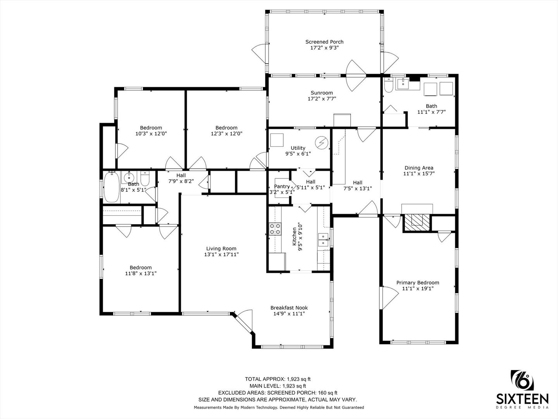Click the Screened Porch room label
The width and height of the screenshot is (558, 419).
point(324,42)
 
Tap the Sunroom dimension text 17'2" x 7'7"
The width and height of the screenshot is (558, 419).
point(322,99)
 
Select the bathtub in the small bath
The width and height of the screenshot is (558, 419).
point(111,187)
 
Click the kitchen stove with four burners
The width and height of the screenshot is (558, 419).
point(275,229)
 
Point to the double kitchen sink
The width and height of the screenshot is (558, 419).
point(323,240)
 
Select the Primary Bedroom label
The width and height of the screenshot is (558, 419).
point(418,283)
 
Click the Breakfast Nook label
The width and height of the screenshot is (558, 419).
point(289,308)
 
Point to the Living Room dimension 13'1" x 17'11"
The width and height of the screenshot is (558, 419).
point(221,255)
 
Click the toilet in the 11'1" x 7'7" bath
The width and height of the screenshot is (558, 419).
point(388,85)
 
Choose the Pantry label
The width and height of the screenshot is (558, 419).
point(282,187)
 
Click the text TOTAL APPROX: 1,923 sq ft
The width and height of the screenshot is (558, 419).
point(277,379)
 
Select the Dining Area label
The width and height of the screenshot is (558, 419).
point(418,168)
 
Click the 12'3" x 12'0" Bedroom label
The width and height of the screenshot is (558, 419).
point(226,128)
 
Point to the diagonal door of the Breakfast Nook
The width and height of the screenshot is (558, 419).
point(243,322)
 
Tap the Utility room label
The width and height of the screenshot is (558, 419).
point(298,148)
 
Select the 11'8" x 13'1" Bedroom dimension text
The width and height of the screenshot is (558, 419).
point(141,274)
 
